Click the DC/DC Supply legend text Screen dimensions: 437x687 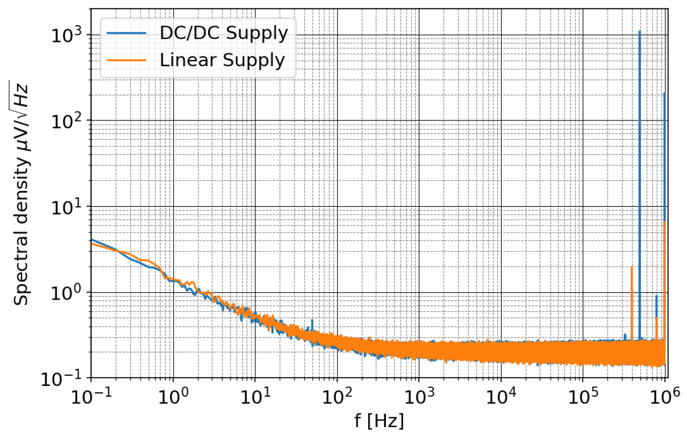223,33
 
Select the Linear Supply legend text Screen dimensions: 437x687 222,60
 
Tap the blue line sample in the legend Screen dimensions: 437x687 126,33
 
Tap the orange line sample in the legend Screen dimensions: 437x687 126,60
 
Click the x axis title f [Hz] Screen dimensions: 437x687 379,421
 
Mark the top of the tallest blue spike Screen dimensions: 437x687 639,31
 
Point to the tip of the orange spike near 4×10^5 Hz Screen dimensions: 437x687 631,268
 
